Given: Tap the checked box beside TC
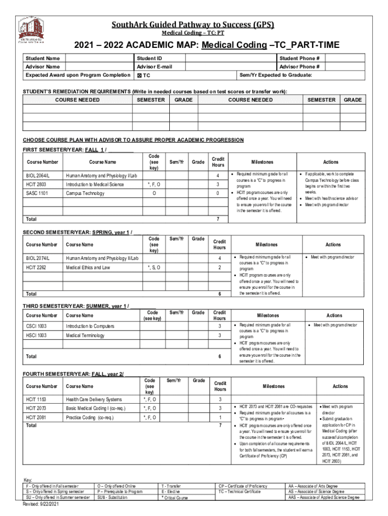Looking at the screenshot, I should (x=139, y=76).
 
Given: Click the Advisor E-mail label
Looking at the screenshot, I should (x=154, y=67).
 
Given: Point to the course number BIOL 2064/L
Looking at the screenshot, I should (x=38, y=176).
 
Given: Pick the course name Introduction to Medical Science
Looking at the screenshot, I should (x=95, y=184).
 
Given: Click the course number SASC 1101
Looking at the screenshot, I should (x=37, y=193).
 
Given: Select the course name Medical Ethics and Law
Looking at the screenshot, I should (x=88, y=268).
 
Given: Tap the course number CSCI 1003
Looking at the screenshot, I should (x=36, y=326).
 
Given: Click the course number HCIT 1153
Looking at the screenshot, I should (x=36, y=400).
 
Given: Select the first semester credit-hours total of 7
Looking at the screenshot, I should (x=218, y=219).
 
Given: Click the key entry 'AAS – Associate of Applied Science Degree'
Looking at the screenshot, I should (x=324, y=497).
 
